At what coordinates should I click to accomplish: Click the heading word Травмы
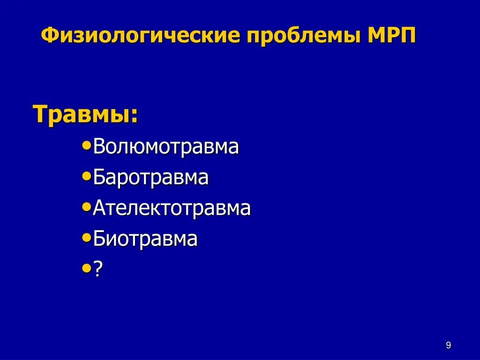(82, 114)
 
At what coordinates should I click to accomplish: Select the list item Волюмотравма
(166, 147)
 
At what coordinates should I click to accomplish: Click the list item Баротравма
(150, 178)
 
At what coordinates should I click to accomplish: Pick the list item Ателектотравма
(172, 209)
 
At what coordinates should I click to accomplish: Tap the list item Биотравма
(145, 239)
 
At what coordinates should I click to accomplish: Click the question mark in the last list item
(97, 270)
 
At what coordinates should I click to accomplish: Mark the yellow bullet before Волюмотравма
(86, 146)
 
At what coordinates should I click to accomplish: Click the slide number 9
(448, 345)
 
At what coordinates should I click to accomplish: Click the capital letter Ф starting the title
(49, 36)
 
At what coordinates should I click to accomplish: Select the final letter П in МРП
(407, 36)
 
